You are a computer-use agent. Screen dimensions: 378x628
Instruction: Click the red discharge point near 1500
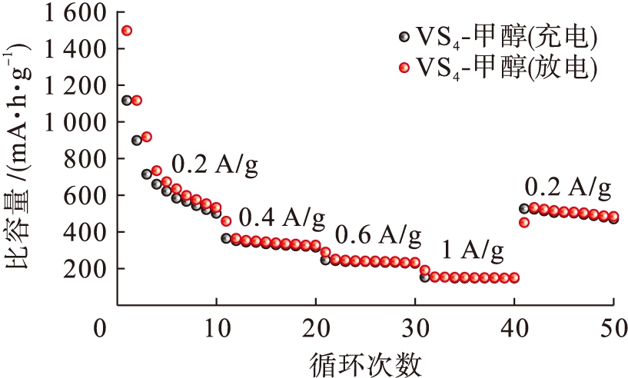127,31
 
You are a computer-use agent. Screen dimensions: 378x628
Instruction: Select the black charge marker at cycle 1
127,101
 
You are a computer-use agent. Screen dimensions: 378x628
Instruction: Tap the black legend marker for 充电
404,36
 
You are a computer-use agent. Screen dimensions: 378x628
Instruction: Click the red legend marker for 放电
404,67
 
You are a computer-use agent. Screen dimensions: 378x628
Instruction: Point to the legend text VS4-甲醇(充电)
507,36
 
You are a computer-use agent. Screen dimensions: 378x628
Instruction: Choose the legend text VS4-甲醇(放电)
507,67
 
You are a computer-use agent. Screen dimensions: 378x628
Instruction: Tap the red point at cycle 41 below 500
524,223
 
